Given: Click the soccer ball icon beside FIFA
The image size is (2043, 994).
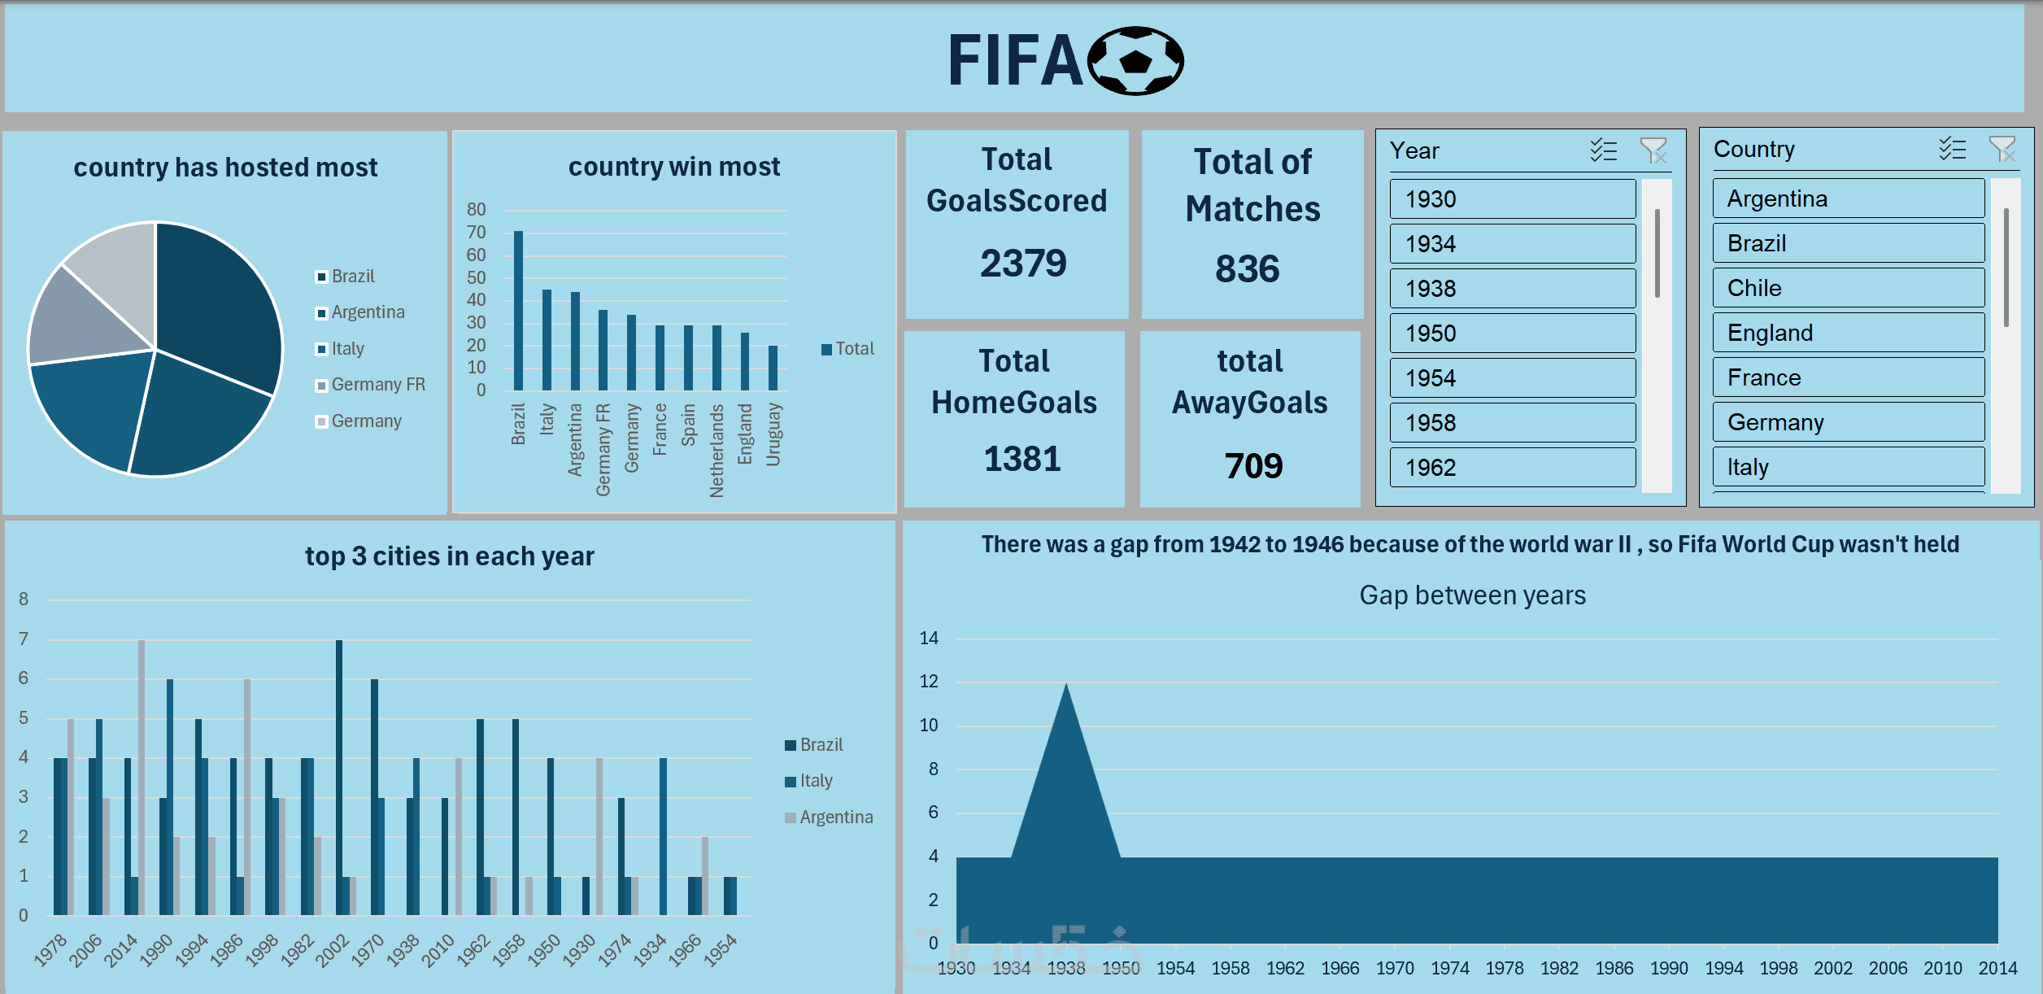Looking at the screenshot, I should click(x=1135, y=61).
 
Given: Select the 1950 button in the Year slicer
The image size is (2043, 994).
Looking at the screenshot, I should click(x=1512, y=334).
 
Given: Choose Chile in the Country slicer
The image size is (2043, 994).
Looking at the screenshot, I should click(x=1848, y=289).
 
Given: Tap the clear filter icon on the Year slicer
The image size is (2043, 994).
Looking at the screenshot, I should click(x=1653, y=150).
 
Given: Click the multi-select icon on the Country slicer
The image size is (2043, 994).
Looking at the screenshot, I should click(x=1952, y=149).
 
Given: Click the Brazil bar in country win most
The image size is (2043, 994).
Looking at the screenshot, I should click(x=518, y=311).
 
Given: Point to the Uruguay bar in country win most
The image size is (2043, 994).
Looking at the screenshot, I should click(x=773, y=368).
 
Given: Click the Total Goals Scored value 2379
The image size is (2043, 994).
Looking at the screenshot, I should click(x=1022, y=264).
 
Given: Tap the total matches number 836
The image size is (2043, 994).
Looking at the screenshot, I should click(x=1247, y=269).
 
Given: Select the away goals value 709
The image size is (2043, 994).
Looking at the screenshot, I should click(x=1253, y=466).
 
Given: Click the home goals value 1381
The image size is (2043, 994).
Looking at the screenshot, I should click(x=1022, y=459).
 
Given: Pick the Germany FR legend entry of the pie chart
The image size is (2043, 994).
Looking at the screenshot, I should click(x=377, y=385).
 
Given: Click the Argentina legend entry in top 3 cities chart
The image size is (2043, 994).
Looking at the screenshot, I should click(x=835, y=817).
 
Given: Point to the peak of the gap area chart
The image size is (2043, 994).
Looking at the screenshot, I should click(x=1066, y=685).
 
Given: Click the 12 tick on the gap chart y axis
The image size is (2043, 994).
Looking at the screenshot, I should click(x=929, y=682).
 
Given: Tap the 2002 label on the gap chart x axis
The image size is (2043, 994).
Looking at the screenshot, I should click(x=1833, y=968).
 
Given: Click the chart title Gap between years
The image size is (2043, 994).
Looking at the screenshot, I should click(x=1472, y=595).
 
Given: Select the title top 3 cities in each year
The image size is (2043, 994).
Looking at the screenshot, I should click(x=450, y=556).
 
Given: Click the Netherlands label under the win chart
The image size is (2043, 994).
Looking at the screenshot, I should click(x=717, y=450).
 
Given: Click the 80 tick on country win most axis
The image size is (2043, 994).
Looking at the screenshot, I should click(x=476, y=210).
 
